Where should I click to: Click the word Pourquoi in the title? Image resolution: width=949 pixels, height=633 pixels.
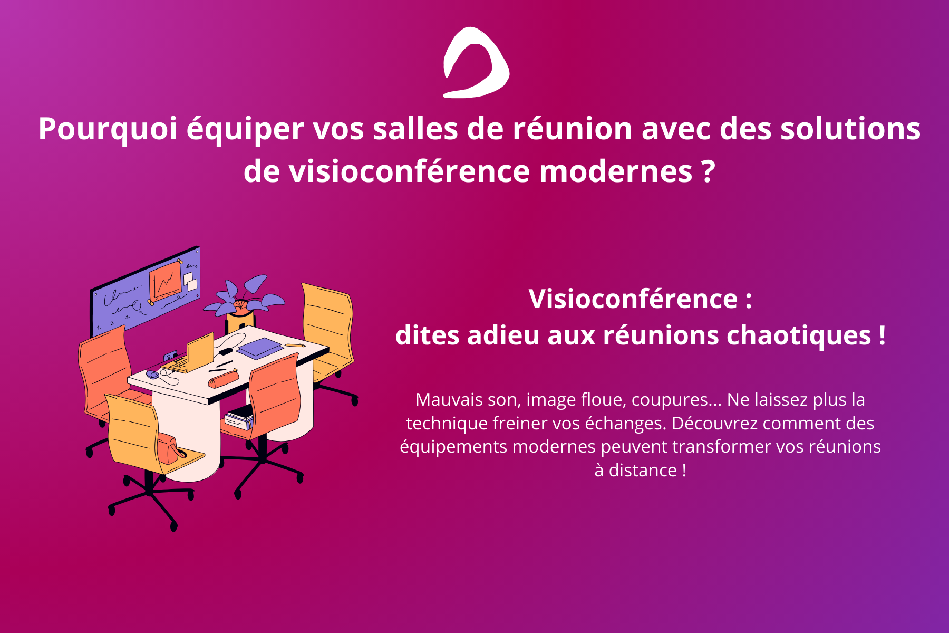point(108,129)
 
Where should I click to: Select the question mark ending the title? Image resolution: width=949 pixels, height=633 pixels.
point(709,171)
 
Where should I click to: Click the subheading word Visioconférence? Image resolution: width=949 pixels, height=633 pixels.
point(633,299)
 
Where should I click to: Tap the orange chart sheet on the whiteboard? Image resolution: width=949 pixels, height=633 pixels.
point(166,282)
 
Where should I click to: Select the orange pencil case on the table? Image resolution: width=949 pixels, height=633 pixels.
point(222,378)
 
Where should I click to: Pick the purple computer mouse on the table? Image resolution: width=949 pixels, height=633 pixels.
point(152,375)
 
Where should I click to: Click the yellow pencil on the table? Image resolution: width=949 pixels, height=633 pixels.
point(295,345)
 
